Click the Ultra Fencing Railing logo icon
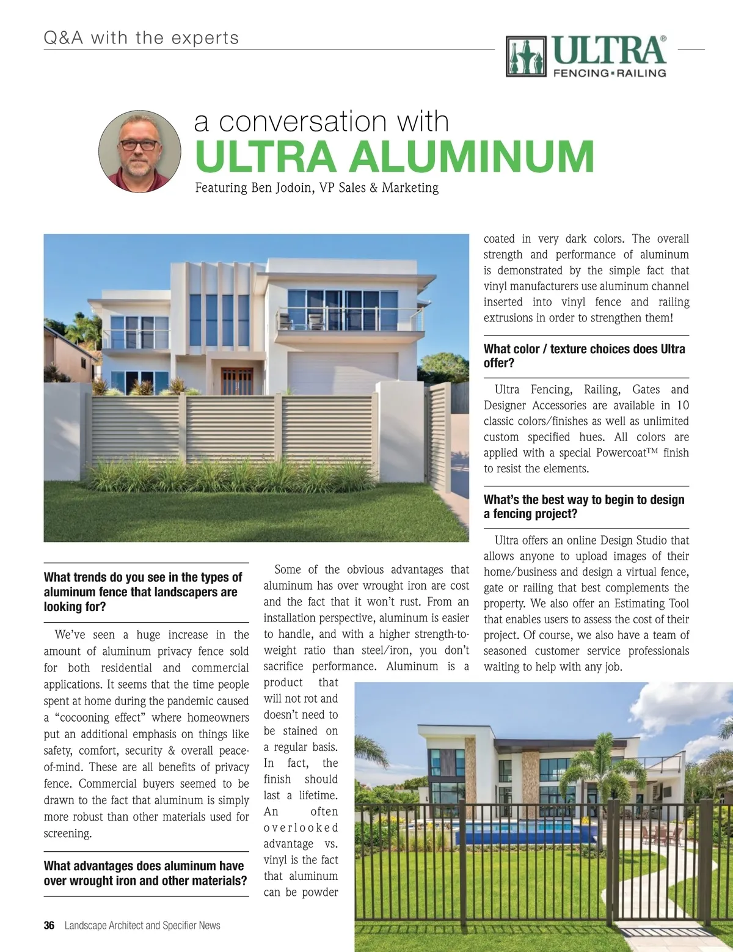point(526,56)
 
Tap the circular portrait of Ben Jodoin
point(140,152)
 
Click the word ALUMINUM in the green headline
point(471,156)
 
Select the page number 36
point(49,925)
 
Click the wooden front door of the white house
point(235,381)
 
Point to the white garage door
point(342,373)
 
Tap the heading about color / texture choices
point(584,356)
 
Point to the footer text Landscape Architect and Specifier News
point(142,925)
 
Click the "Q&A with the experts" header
point(141,38)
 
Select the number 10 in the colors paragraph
point(682,405)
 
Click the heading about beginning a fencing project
point(584,507)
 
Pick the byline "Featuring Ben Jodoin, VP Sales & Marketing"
point(316,188)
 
